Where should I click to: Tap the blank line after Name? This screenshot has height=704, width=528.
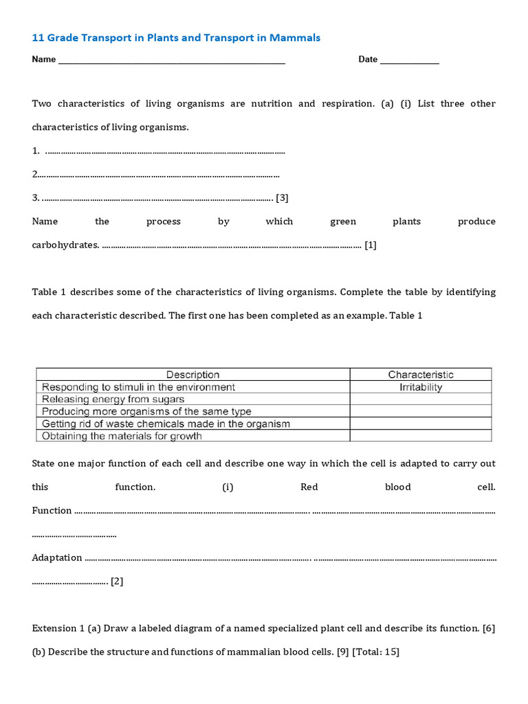click(x=172, y=60)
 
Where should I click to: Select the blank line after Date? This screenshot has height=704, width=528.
click(x=409, y=60)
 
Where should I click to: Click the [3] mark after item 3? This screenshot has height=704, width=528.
click(x=282, y=198)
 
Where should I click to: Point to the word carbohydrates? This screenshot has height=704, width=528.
click(x=65, y=245)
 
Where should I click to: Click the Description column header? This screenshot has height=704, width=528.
click(x=193, y=375)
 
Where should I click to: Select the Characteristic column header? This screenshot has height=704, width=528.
click(x=421, y=375)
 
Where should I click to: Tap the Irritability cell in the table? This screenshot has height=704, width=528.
click(x=421, y=387)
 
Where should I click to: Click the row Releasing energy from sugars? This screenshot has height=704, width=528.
click(x=113, y=399)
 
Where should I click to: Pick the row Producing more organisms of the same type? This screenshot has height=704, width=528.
click(x=146, y=411)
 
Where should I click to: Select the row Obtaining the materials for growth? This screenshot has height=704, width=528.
click(x=122, y=436)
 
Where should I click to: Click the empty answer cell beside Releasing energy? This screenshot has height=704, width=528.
click(x=421, y=399)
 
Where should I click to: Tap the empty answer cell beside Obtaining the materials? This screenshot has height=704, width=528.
click(x=421, y=436)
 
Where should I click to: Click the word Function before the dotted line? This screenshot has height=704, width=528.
click(x=52, y=510)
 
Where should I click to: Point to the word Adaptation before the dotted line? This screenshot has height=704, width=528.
click(x=57, y=558)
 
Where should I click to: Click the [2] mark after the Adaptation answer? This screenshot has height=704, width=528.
click(x=117, y=581)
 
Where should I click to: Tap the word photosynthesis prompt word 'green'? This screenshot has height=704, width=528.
click(x=343, y=221)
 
